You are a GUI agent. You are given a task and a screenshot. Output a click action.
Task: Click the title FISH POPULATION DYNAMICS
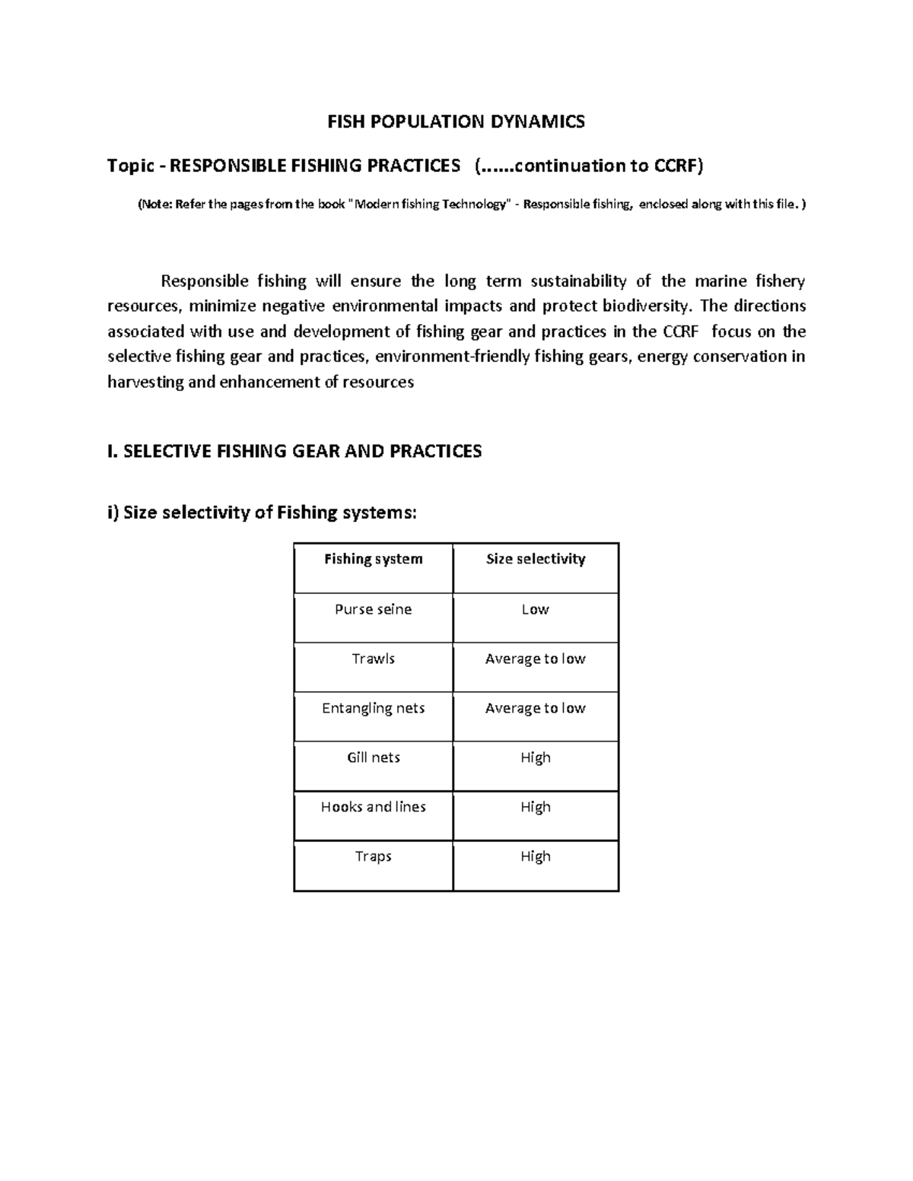(456, 122)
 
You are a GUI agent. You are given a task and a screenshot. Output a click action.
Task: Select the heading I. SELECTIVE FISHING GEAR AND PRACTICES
(294, 452)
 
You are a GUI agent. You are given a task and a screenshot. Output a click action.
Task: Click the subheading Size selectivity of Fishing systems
(269, 513)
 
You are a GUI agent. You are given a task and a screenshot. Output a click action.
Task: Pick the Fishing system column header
(373, 559)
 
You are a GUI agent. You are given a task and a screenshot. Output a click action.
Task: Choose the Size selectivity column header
(536, 559)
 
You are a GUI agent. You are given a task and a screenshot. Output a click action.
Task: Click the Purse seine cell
(373, 609)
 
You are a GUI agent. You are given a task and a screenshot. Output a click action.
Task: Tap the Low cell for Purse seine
(535, 609)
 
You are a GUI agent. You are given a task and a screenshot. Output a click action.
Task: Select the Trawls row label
(373, 659)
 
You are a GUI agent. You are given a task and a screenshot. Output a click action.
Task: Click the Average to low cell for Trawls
(535, 659)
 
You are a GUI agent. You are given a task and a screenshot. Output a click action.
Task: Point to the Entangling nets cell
(373, 708)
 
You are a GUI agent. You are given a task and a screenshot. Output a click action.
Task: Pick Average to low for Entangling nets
(535, 708)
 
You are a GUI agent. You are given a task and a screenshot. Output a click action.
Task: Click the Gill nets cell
(373, 757)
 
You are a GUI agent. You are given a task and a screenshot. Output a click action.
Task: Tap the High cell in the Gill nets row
(535, 757)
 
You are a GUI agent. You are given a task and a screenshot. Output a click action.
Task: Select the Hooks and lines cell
(373, 807)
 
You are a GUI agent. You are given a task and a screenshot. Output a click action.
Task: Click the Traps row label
(373, 856)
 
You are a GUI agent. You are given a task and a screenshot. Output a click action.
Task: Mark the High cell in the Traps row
(535, 856)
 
